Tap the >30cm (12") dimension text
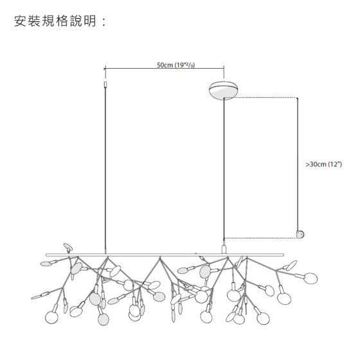[x=324, y=165]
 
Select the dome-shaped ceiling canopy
[x=224, y=91]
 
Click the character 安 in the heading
[x=20, y=21]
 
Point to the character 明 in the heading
[x=90, y=21]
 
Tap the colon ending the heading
[x=104, y=22]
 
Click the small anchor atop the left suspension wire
[x=105, y=84]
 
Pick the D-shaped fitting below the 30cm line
[x=300, y=235]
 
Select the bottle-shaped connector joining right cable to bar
[x=224, y=248]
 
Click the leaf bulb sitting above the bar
[x=68, y=247]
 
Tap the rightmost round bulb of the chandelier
[x=310, y=278]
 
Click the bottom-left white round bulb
[x=51, y=317]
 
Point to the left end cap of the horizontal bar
[x=46, y=255]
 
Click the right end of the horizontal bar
[x=283, y=255]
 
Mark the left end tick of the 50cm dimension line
[x=105, y=68]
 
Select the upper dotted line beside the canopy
[x=260, y=98]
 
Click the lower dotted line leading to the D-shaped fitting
[x=260, y=238]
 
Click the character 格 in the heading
[x=62, y=21]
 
